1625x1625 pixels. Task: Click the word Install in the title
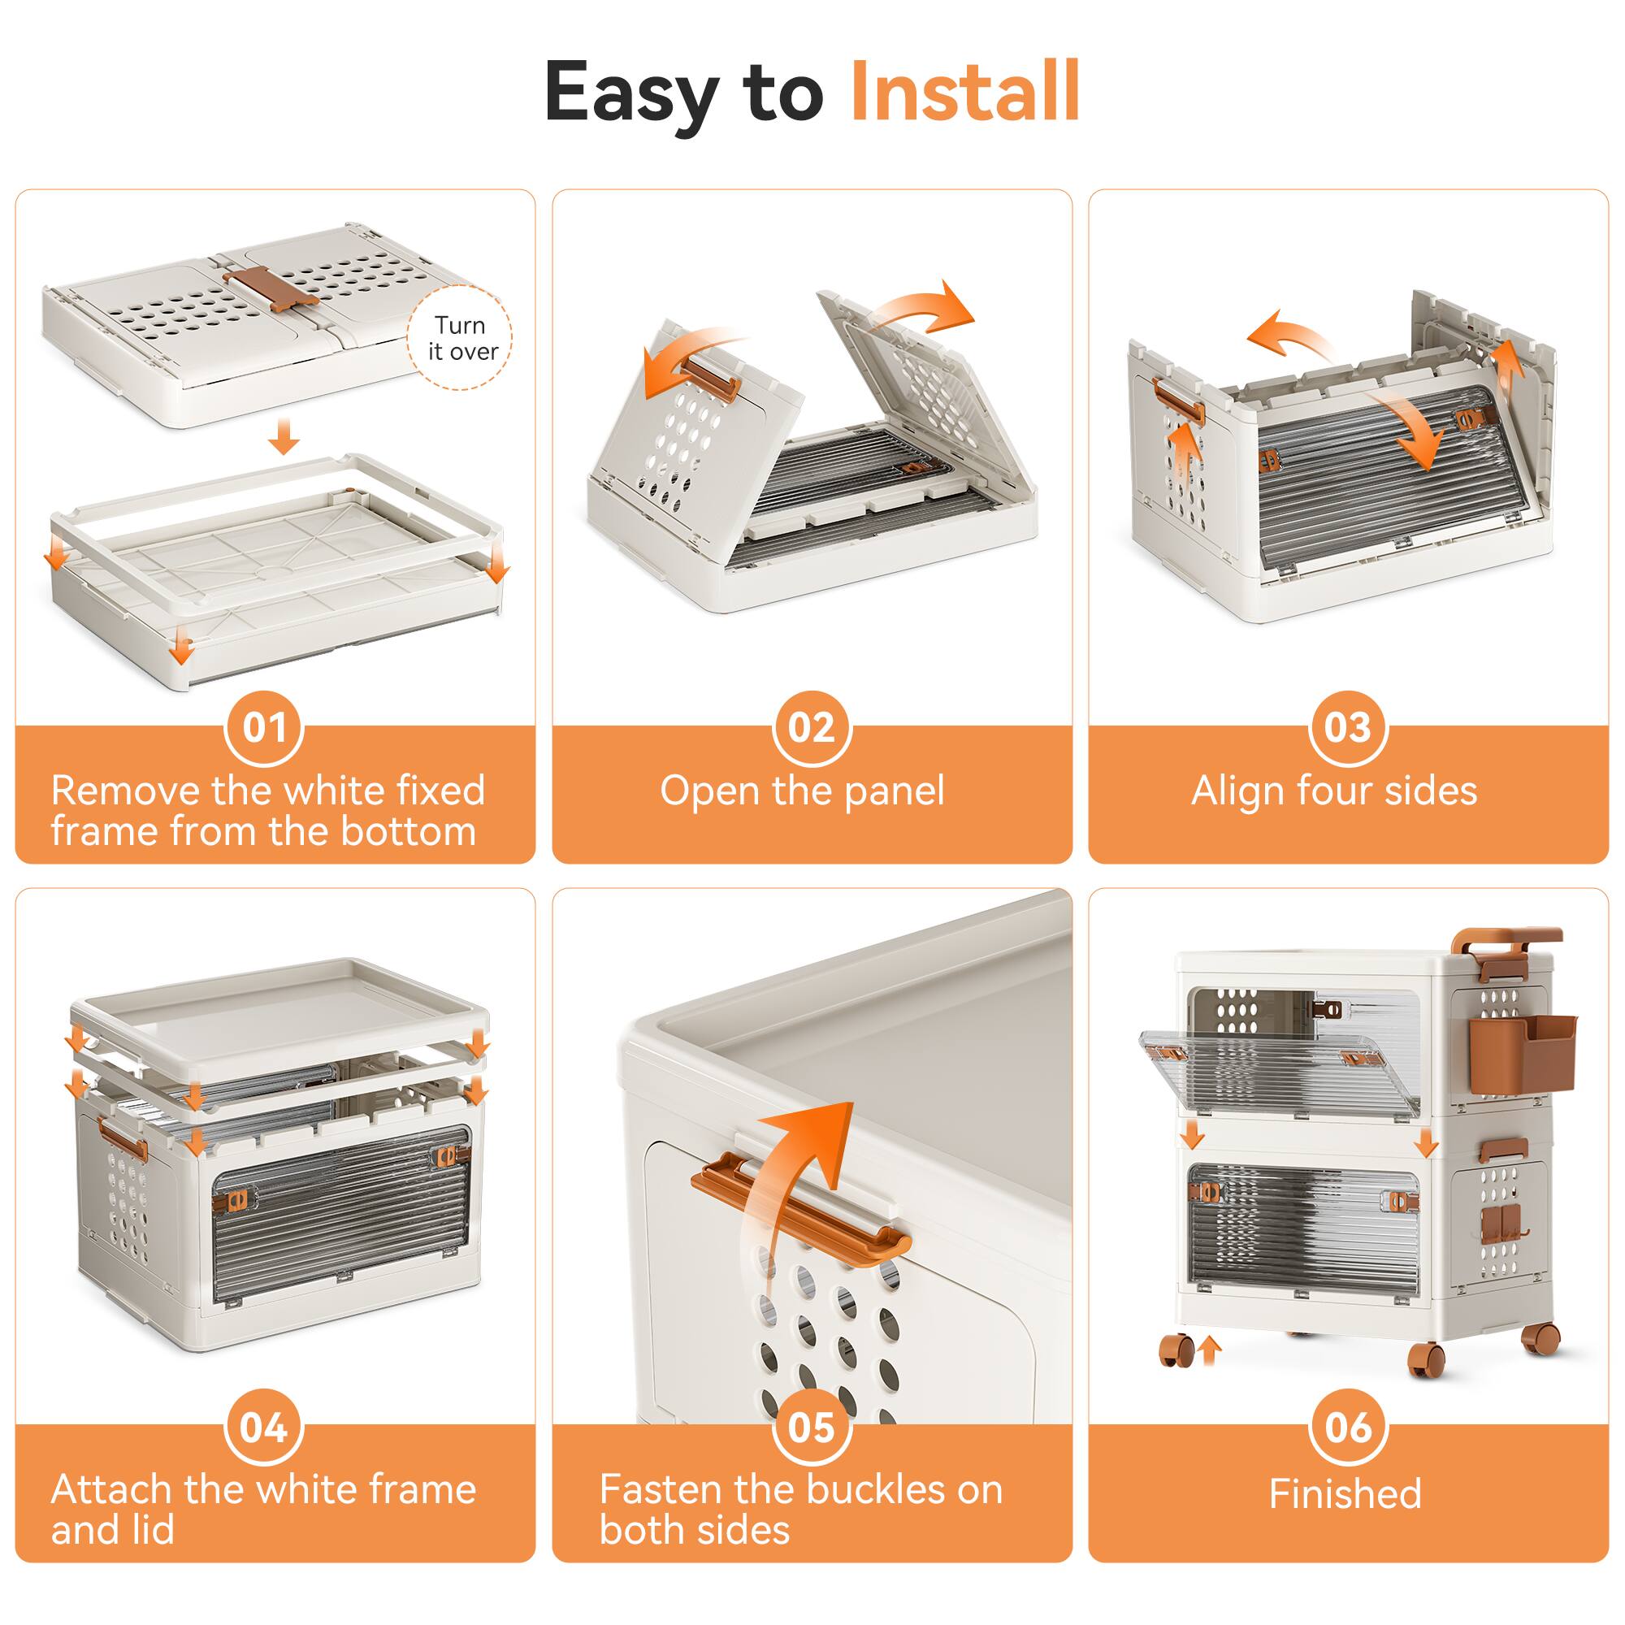click(964, 93)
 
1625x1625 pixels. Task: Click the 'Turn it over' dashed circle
click(459, 337)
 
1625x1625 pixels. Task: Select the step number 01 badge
click(264, 727)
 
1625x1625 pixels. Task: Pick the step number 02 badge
click(812, 727)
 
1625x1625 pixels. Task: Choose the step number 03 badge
click(1348, 727)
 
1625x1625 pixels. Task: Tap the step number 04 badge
click(264, 1428)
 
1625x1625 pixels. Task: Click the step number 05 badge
click(812, 1428)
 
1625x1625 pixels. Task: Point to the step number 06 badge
click(1348, 1428)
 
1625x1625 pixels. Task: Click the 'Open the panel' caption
click(802, 791)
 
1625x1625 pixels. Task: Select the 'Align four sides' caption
click(1334, 791)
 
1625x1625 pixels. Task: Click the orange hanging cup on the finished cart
click(1523, 1054)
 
